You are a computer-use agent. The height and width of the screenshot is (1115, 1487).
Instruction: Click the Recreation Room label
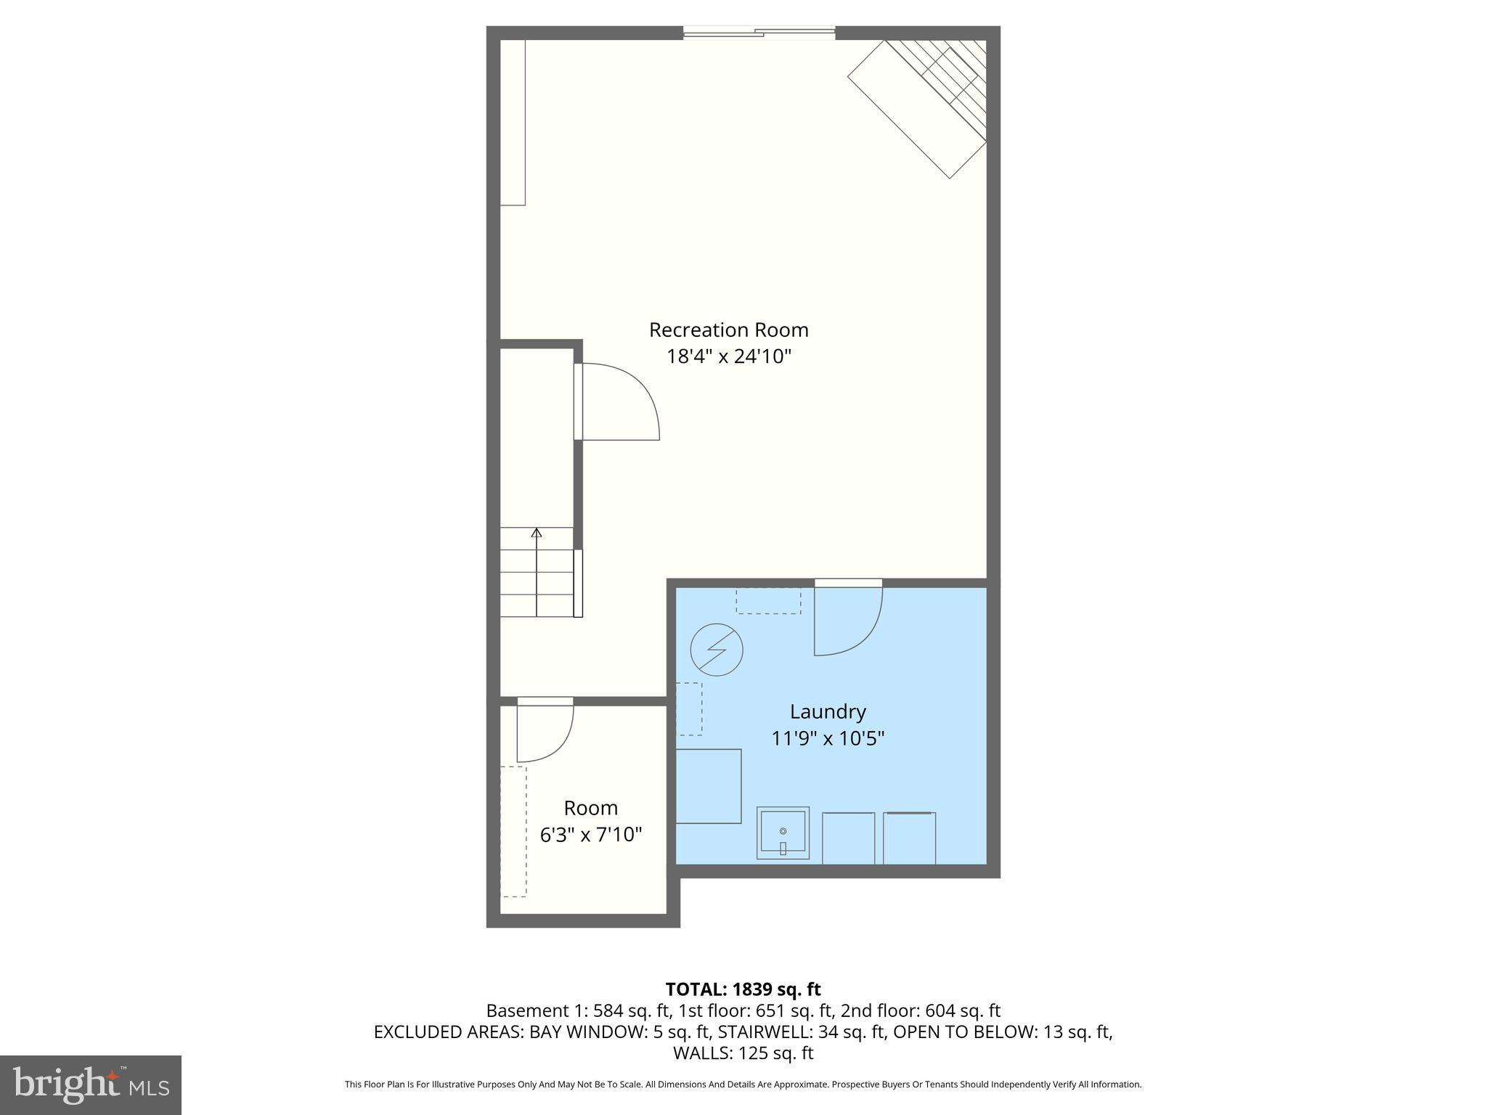[x=728, y=330]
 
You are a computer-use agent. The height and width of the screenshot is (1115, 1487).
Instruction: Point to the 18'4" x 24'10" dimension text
[x=728, y=356]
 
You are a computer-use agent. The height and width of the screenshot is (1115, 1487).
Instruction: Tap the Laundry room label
[x=828, y=711]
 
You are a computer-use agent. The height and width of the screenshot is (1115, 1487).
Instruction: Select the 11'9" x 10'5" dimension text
[x=828, y=738]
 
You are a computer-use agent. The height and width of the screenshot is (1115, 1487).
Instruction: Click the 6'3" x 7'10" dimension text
[x=591, y=835]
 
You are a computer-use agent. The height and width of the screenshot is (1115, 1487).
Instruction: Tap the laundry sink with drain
[x=783, y=833]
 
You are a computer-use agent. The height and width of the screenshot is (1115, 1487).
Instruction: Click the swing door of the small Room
[x=545, y=732]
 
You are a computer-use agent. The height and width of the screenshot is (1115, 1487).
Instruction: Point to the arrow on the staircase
[x=537, y=534]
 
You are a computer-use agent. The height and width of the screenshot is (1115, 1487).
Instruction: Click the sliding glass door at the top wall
[x=759, y=32]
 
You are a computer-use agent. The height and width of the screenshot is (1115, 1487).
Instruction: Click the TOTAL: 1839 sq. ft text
[x=743, y=989]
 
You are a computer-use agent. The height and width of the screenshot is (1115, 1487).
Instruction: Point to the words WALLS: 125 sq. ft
[x=743, y=1053]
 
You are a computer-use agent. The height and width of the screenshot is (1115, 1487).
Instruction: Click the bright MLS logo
[x=91, y=1085]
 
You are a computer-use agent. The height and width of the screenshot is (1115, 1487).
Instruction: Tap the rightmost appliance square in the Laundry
[x=909, y=838]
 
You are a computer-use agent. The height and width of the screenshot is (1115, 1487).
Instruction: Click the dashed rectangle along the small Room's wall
[x=513, y=831]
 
